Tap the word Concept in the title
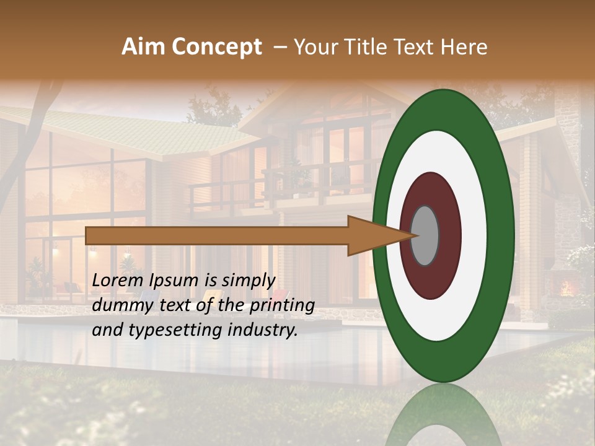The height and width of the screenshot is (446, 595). [x=215, y=47]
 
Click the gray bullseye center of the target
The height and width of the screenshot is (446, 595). [x=425, y=235]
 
